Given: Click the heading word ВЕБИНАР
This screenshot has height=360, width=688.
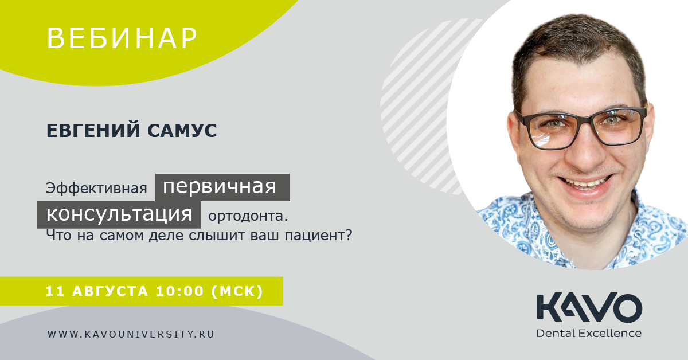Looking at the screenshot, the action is coord(122,38).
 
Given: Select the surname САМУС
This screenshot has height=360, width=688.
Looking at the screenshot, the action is coord(182,131).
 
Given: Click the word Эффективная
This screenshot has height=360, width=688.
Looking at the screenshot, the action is coord(96,188).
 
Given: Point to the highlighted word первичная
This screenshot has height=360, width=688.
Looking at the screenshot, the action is coord(219,187).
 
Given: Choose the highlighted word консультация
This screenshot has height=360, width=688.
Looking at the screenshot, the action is coord(119,214).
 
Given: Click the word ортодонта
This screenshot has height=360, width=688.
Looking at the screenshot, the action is coord(248,216).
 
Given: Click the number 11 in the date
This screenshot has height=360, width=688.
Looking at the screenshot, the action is coord(55,291).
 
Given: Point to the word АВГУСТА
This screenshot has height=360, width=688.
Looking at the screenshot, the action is coord(110,291).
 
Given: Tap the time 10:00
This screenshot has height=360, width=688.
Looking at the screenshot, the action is coord(180,291).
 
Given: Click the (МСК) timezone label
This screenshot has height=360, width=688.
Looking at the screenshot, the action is coord(237,291).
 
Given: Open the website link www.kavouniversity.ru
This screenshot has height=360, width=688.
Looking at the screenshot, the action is coord(131,334).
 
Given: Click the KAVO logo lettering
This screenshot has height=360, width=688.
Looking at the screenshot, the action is coord(589,307).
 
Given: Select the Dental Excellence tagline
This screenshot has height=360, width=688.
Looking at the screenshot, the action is coord(589,333).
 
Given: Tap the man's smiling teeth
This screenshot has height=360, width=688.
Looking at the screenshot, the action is coord(584,183).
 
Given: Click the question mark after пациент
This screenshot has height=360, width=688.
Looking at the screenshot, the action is coord(349,235).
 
